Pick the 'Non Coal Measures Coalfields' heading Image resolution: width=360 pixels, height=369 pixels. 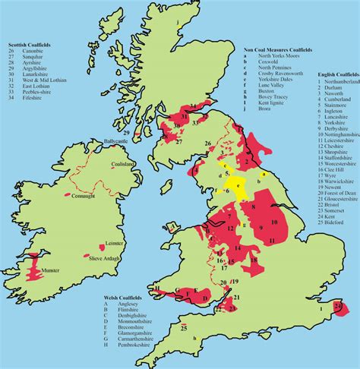275,51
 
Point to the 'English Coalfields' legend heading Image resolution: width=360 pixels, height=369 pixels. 337,75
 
